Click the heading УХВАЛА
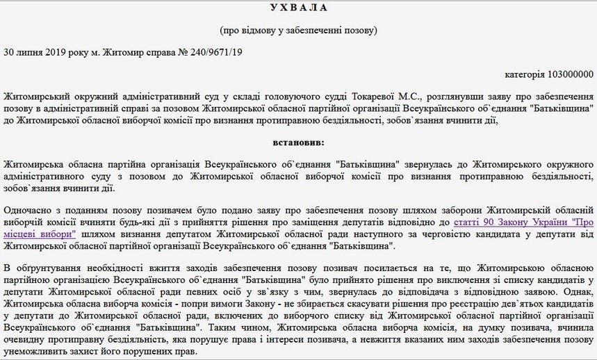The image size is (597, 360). point(298,8)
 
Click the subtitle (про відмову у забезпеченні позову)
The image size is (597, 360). point(298,30)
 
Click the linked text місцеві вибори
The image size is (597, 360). point(40,235)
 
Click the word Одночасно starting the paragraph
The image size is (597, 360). point(28,210)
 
